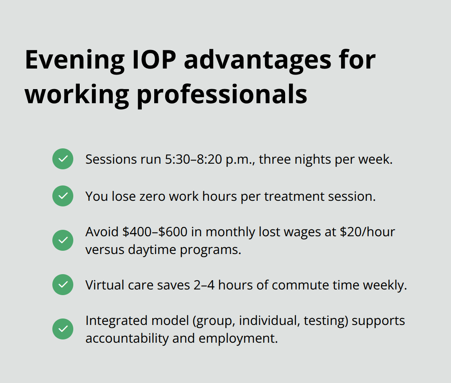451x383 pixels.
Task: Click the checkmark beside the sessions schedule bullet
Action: (63, 159)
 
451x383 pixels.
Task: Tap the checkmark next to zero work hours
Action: (63, 196)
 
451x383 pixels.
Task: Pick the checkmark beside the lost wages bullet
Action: (63, 240)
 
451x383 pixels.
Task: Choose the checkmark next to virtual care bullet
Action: (63, 285)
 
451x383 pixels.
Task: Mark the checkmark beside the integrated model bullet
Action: (63, 329)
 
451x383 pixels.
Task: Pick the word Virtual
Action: (103, 285)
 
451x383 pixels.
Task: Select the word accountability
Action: (127, 338)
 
